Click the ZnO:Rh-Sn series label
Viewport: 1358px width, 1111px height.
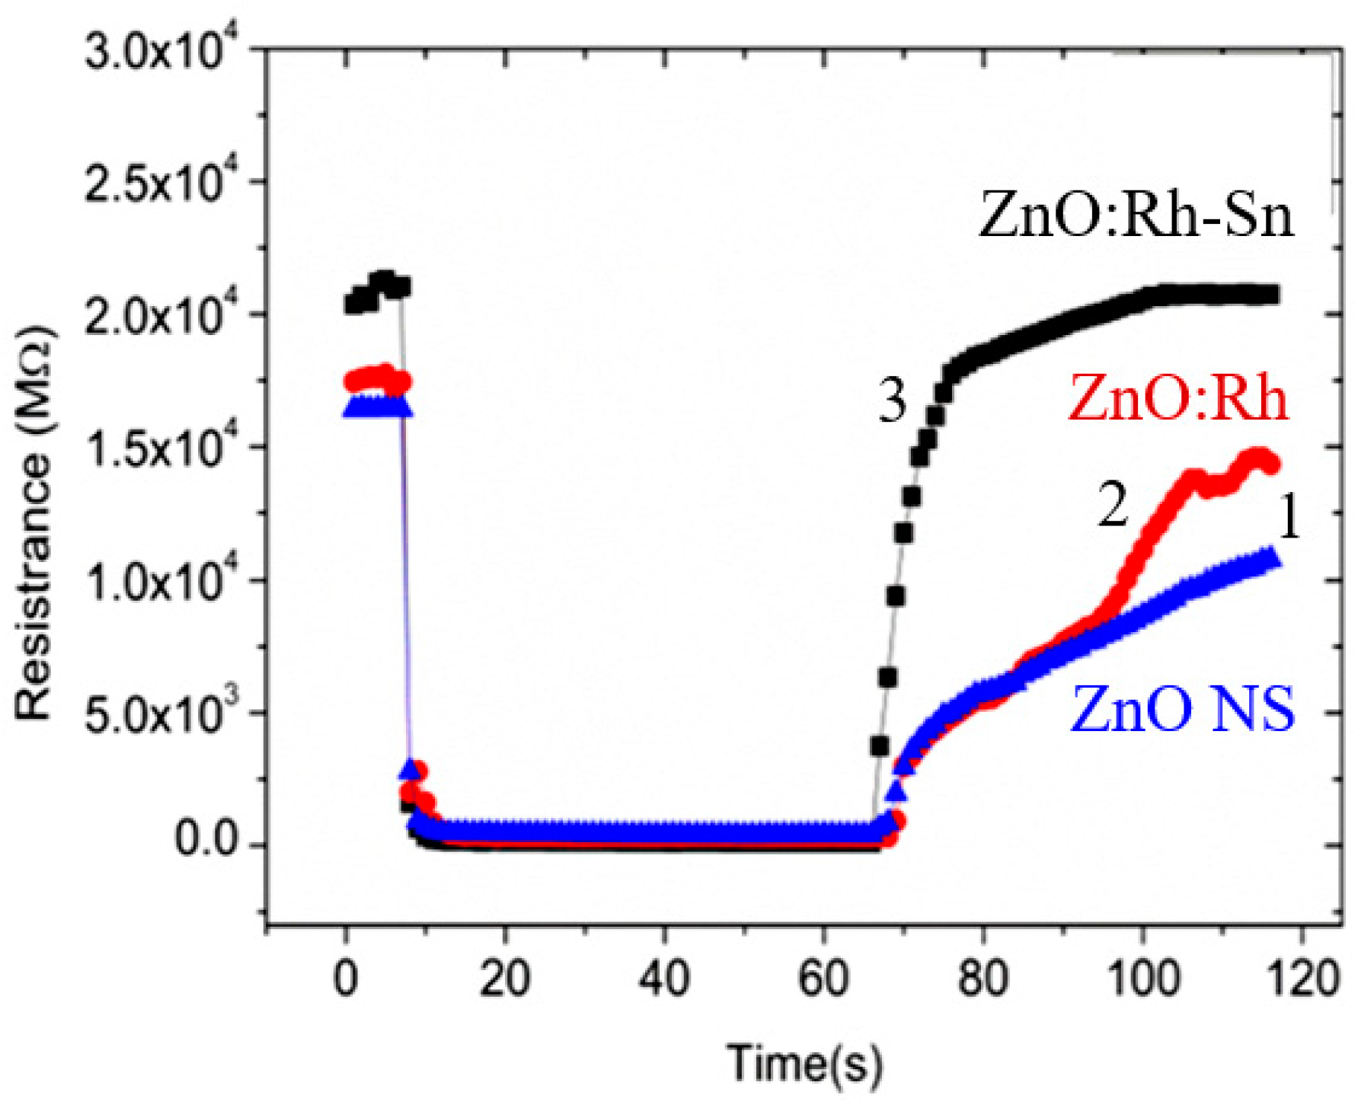click(1136, 215)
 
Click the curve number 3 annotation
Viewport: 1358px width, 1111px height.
click(893, 401)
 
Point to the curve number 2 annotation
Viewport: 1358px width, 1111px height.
click(1113, 506)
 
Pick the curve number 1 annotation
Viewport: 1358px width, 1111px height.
click(1289, 520)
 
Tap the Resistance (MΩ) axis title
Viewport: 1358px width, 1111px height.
click(34, 525)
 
